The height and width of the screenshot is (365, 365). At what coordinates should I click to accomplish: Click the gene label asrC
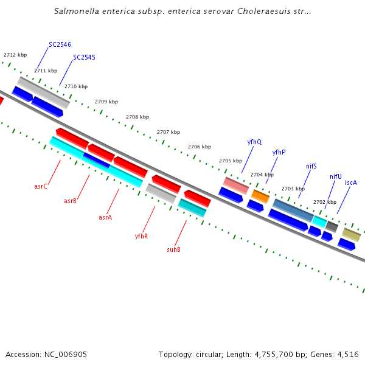tap(41, 186)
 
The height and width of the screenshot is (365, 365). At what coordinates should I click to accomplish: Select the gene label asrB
tap(71, 201)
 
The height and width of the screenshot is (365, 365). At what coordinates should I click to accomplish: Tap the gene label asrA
tap(105, 217)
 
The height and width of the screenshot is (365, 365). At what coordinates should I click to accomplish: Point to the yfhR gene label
tap(141, 236)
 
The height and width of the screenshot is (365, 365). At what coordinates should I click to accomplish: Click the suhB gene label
tap(173, 249)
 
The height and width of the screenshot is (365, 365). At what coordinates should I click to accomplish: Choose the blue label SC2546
tap(60, 45)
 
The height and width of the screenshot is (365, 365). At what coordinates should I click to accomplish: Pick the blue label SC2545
tap(84, 58)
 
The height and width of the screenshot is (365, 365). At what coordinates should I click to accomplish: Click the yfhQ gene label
tap(254, 142)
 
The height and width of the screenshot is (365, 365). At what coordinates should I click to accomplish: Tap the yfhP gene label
tap(279, 152)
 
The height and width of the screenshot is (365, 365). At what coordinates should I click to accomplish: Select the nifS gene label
tap(311, 166)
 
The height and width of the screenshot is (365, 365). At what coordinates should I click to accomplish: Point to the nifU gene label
tap(336, 177)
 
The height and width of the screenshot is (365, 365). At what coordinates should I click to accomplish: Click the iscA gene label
tap(351, 182)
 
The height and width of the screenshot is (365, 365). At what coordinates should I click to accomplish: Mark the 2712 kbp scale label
tap(15, 55)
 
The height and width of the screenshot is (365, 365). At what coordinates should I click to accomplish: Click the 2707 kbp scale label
tap(169, 132)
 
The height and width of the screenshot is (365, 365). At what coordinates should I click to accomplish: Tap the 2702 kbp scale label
tap(324, 202)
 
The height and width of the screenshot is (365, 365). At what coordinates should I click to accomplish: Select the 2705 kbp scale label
tap(231, 161)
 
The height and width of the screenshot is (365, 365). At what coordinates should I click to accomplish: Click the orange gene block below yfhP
tap(260, 196)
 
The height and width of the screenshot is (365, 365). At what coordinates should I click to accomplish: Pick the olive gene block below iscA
tap(351, 234)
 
